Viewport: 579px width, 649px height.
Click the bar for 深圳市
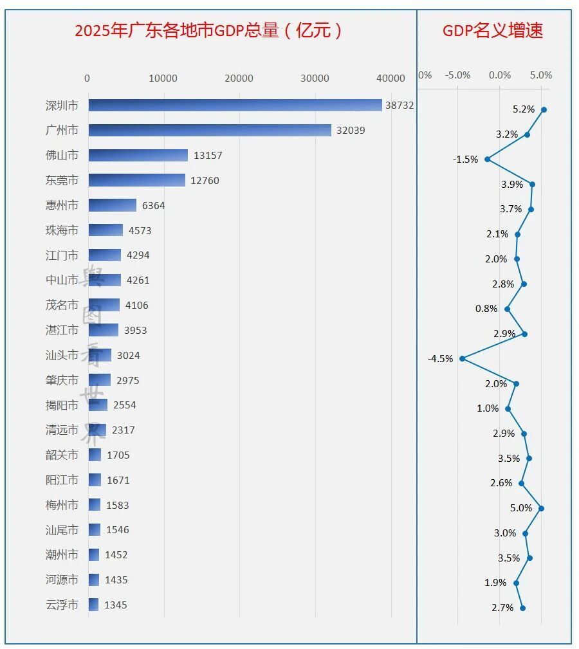tap(235, 105)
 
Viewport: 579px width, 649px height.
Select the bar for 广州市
tap(210, 130)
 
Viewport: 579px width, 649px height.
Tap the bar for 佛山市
tap(138, 155)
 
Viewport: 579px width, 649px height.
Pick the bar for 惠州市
tap(113, 205)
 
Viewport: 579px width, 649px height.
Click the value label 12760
tap(205, 181)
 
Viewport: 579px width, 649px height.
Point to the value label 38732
tap(400, 105)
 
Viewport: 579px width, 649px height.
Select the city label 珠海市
tap(62, 230)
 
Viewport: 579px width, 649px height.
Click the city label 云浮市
tap(62, 605)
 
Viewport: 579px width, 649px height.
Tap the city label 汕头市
tap(62, 355)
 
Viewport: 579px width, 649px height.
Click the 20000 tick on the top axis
tap(239, 78)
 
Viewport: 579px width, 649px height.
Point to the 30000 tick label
tap(315, 78)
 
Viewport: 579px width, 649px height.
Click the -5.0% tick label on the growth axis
tap(458, 75)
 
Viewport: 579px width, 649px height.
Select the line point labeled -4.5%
tap(463, 358)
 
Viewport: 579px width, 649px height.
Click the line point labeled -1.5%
tap(488, 160)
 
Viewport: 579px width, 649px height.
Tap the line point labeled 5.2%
tap(544, 110)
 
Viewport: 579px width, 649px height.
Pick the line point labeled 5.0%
tap(541, 508)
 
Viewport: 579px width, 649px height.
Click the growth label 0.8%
tap(486, 309)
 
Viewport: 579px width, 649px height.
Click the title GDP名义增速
tap(493, 30)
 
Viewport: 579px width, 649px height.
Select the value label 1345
tap(115, 605)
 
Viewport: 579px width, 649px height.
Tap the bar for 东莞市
tap(137, 180)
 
